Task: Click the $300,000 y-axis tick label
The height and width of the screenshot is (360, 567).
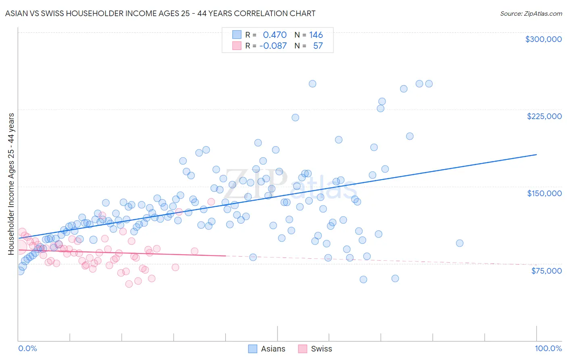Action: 543,39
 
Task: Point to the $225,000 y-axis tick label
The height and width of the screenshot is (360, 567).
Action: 544,116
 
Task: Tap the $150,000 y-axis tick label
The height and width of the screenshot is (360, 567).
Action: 544,193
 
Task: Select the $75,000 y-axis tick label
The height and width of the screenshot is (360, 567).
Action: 546,271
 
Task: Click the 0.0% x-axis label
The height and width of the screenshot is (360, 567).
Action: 27,348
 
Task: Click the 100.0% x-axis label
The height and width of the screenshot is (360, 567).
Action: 548,348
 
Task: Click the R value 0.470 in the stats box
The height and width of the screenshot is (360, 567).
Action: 275,35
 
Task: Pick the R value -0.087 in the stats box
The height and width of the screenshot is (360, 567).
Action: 273,46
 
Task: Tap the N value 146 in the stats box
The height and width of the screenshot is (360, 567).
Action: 316,35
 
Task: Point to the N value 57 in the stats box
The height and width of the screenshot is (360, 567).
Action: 318,46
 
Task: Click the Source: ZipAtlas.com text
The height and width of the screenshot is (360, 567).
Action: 531,13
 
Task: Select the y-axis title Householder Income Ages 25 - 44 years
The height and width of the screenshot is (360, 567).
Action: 11,184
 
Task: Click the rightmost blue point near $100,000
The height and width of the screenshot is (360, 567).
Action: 459,243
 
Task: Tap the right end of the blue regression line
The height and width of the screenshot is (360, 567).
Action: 536,155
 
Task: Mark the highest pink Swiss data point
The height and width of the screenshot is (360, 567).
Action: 211,202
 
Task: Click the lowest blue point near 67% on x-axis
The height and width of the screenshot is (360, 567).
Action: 363,279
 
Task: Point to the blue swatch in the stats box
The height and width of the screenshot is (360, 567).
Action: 237,35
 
